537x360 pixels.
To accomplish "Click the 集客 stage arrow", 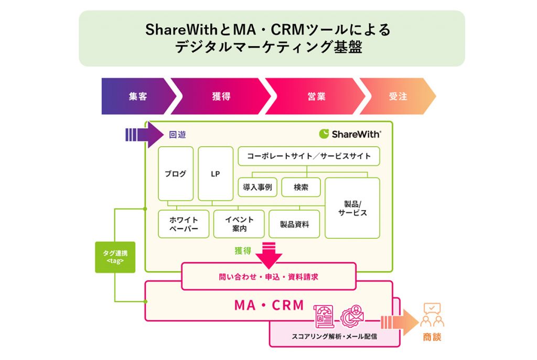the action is tap(137, 96).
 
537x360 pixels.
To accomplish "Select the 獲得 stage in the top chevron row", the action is tap(221, 96).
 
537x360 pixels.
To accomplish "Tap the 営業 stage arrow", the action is tap(316, 96).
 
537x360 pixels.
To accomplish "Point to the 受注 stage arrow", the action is tap(398, 96).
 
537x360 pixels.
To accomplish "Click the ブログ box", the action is tap(176, 173).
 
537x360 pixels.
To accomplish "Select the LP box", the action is tap(216, 173).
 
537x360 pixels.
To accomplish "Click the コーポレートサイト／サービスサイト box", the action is tap(308, 156).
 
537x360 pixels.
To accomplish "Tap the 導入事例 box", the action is tap(257, 187).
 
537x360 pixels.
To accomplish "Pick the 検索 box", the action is tap(300, 187).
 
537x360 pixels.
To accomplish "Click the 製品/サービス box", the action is tap(352, 208).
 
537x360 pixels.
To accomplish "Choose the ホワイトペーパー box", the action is tap(184, 224).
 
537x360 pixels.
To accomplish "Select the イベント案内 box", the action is tap(239, 224).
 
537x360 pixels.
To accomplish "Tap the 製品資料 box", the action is tap(294, 224).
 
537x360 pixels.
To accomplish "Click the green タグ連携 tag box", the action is tap(115, 257).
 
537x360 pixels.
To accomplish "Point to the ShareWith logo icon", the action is tap(324, 134).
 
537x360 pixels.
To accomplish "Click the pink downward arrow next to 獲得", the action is tap(269, 255).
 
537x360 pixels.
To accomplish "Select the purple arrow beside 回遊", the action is tap(144, 135).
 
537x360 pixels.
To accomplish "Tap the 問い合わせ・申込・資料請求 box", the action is tap(269, 277).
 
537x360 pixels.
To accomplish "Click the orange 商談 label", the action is tap(432, 337).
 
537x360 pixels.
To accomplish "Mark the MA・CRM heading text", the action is tap(269, 305).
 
